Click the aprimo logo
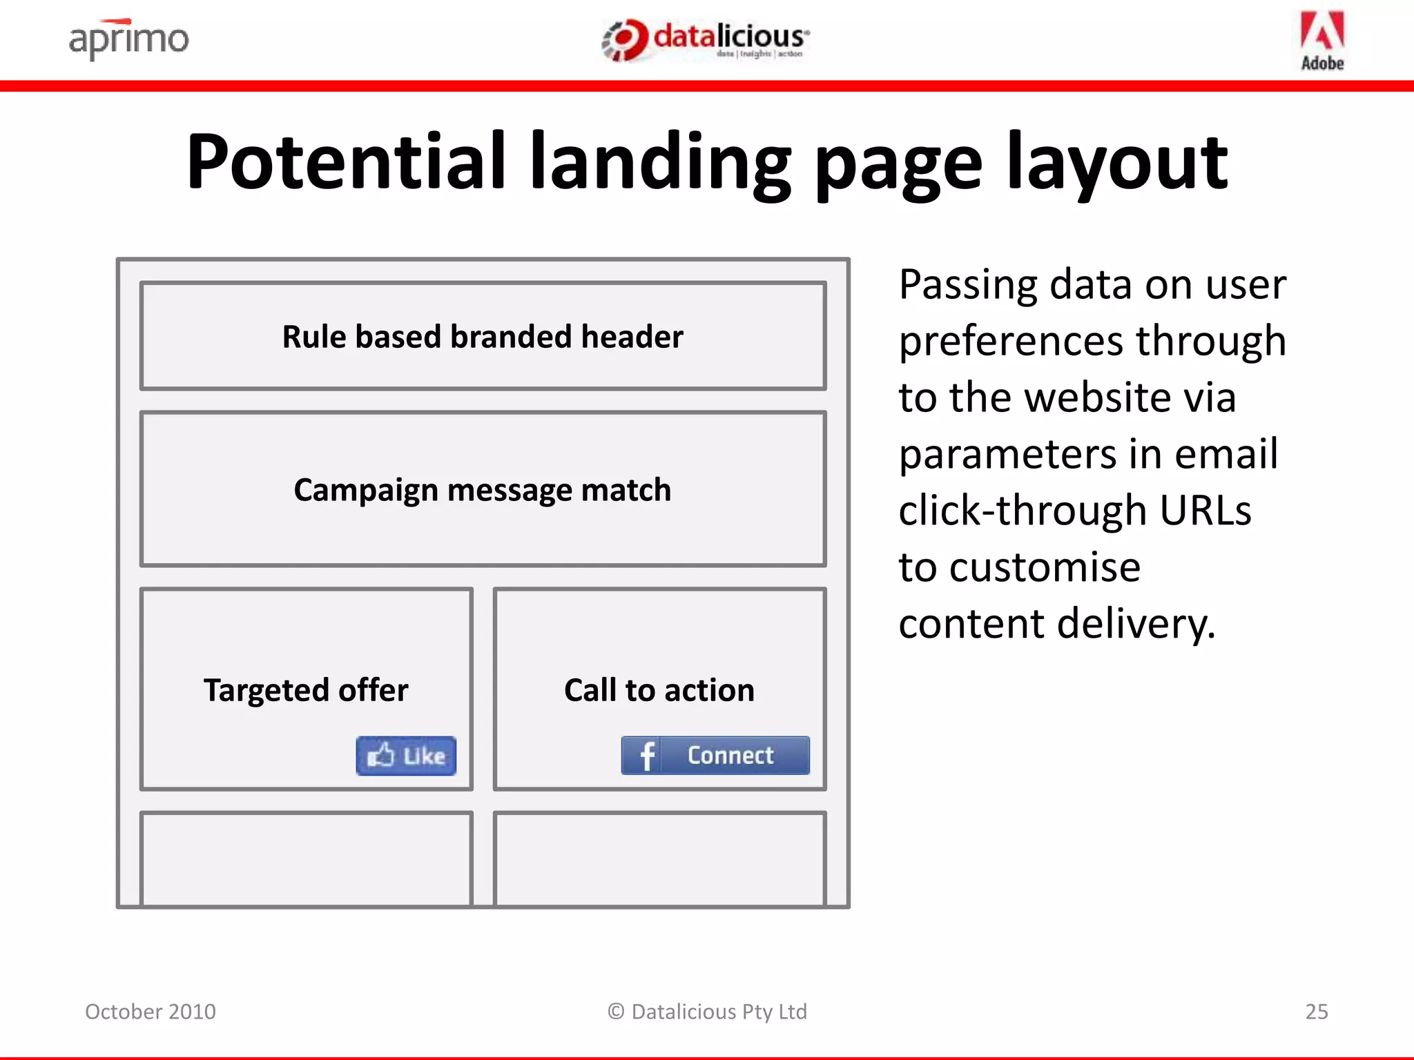click(128, 39)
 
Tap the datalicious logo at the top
click(706, 40)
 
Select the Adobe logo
click(1322, 41)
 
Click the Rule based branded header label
click(483, 337)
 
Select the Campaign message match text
click(483, 490)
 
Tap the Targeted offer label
click(306, 690)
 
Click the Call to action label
click(659, 690)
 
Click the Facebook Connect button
click(715, 755)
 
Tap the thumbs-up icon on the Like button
click(380, 755)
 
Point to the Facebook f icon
click(646, 756)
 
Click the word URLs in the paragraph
click(1205, 511)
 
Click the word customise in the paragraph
click(1045, 567)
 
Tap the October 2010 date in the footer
click(151, 1012)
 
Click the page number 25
click(1316, 1012)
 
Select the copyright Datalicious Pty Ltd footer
click(707, 1012)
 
